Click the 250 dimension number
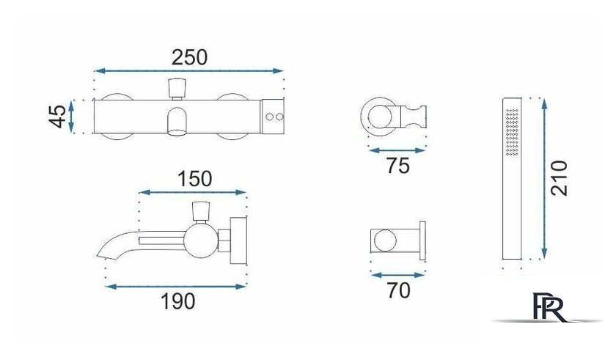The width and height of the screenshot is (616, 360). (189, 57)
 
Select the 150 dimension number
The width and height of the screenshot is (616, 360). (195, 179)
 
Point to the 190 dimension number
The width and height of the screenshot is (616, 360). (177, 301)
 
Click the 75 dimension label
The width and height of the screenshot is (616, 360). (398, 166)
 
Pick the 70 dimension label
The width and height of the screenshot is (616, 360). (398, 290)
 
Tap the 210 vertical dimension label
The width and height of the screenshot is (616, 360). (559, 178)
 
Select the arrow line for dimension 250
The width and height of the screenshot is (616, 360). (188, 71)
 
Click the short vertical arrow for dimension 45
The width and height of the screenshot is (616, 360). (71, 117)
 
